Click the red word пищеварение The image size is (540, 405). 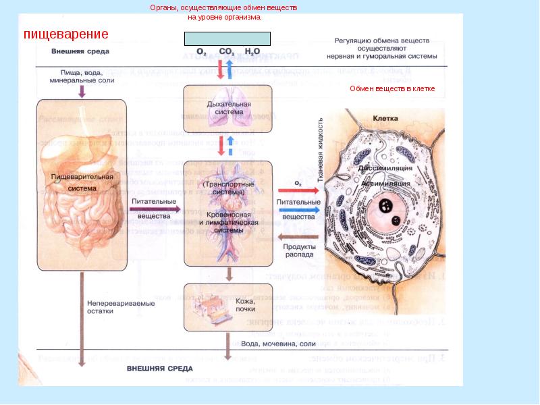tap(66, 34)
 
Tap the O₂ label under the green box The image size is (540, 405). tap(201, 51)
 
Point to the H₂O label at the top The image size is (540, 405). tap(252, 51)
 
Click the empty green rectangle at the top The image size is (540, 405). tap(227, 38)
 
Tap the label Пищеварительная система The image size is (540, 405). tap(81, 182)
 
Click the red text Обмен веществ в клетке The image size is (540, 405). tap(392, 89)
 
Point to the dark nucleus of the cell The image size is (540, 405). tap(387, 206)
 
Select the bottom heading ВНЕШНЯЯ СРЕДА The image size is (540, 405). tap(160, 369)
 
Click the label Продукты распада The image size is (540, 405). tap(298, 250)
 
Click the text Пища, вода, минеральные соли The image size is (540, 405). tap(82, 76)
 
